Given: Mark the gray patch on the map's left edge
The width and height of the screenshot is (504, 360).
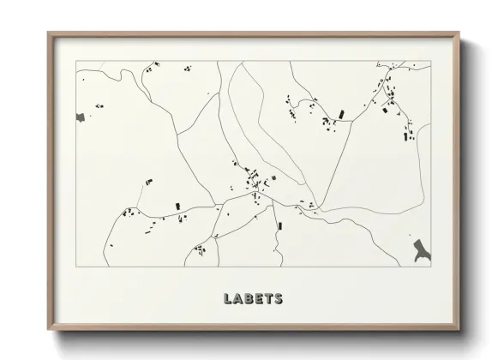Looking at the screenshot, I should tap(81, 115).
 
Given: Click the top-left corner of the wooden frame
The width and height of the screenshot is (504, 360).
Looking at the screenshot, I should tap(48, 33).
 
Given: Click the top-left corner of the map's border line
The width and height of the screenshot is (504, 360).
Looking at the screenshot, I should tap(76, 61).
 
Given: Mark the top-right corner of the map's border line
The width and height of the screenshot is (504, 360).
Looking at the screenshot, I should tap(431, 61).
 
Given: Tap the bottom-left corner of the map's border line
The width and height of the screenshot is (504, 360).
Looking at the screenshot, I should tap(76, 267).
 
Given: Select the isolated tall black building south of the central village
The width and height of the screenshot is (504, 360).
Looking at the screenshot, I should tap(280, 225).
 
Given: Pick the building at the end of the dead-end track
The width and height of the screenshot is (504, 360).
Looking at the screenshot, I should tap(340, 113).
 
